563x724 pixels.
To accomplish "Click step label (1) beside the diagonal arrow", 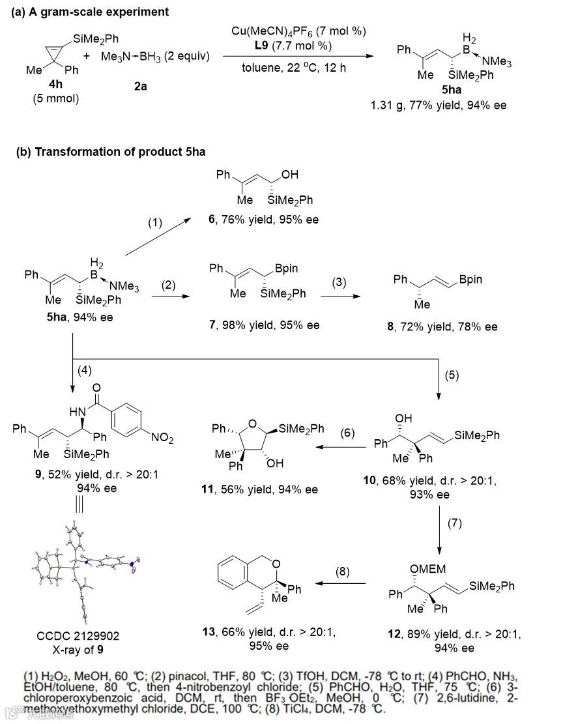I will pyautogui.click(x=154, y=223).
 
